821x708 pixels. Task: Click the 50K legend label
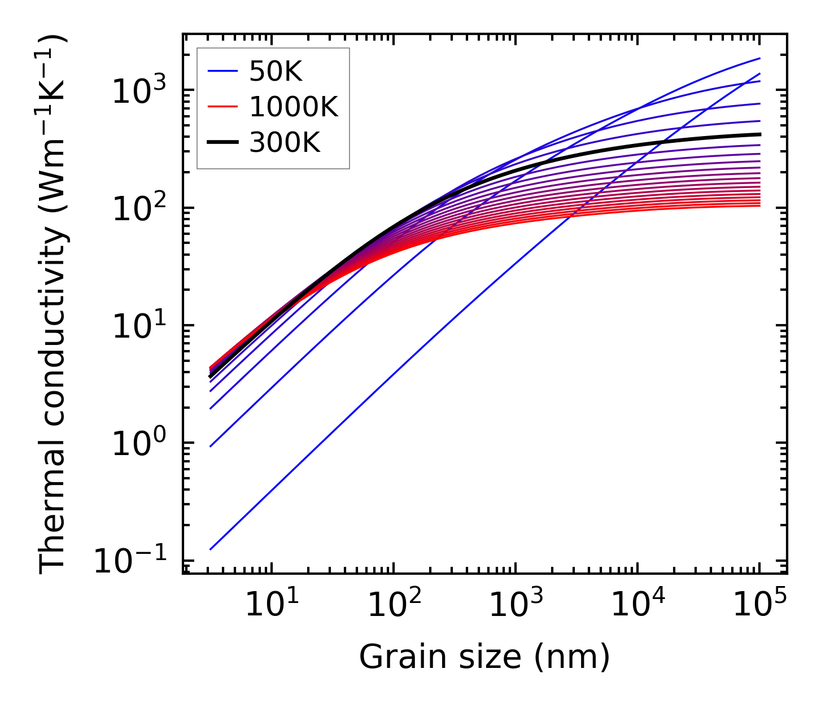point(276,72)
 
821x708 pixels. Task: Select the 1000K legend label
point(294,107)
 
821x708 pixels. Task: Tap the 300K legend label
point(285,142)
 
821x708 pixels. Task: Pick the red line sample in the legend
point(224,107)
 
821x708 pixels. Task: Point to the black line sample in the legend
point(224,142)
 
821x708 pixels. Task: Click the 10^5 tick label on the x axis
point(759,606)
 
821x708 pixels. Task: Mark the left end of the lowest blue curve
point(210,549)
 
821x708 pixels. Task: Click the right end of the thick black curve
point(760,134)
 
